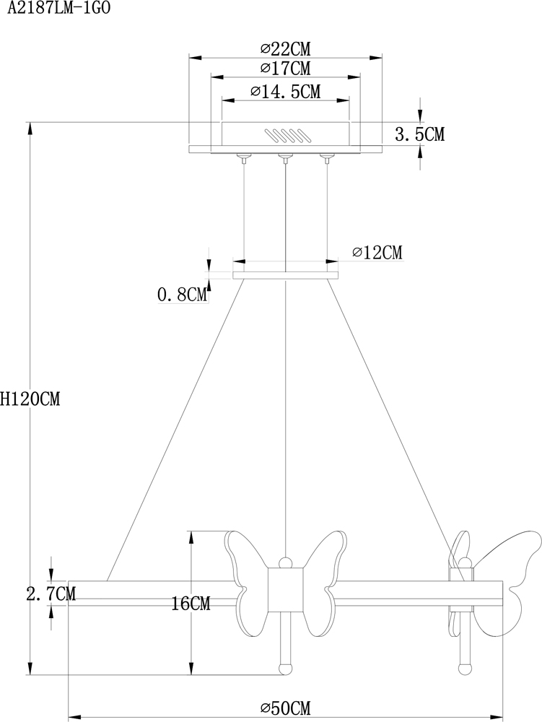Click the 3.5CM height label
coord(420,134)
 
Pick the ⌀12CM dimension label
coord(377,253)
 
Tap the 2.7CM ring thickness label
coord(51,593)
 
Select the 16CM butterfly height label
coord(192,604)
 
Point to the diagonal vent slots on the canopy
coord(286,136)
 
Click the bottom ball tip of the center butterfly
coord(286,667)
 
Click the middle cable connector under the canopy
coord(286,157)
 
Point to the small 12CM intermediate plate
coord(286,275)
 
